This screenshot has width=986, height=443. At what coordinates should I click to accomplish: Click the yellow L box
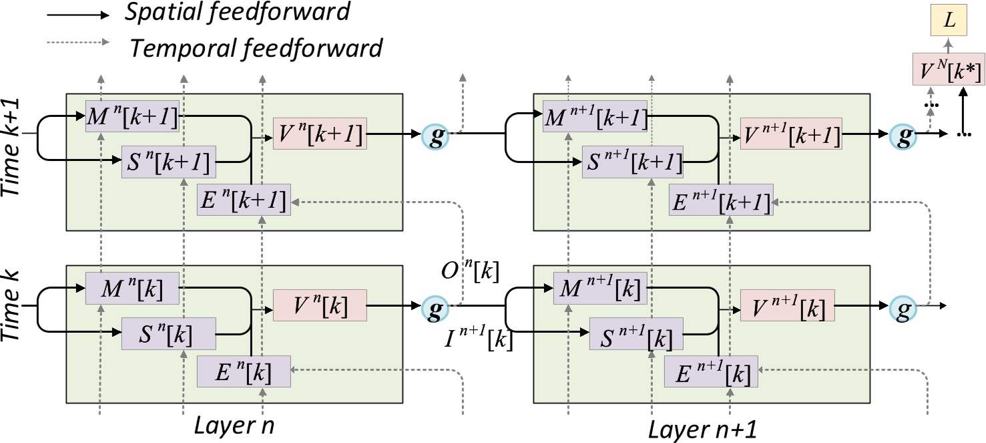pos(949,23)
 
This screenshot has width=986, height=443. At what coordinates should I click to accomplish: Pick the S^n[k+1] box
pos(169,162)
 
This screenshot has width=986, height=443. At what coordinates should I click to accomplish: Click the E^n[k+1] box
pos(244,200)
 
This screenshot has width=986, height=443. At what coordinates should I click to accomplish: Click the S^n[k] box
pos(169,333)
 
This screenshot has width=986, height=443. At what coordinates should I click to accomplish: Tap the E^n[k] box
pos(244,372)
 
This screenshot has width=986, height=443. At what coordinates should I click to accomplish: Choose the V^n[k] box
pos(320,306)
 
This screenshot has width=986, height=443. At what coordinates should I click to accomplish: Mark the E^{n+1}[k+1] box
pos(722,200)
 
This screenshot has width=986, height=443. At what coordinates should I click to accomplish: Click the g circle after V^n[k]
pos(436,307)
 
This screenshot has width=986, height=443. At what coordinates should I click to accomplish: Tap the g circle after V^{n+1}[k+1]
pos(904,135)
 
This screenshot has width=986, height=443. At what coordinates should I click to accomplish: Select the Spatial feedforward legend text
pos(237,11)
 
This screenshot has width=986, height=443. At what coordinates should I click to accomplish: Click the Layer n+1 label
pos(702,428)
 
